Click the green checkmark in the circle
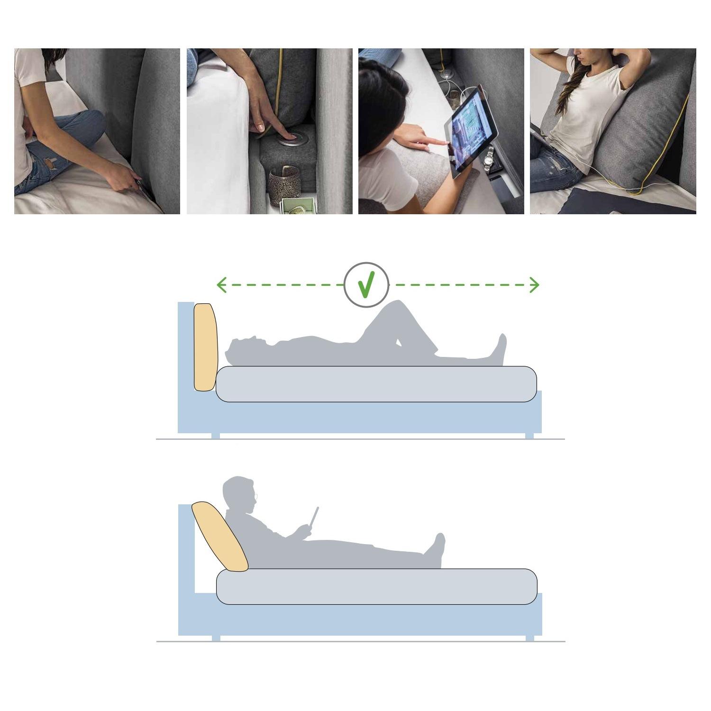366,284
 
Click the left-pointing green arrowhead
220,285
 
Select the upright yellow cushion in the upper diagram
206,347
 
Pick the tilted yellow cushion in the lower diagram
219,536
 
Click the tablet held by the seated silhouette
314,516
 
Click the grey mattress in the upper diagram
376,384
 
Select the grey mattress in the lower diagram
376,586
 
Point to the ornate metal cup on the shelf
283,185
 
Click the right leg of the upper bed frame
529,436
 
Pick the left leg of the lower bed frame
216,638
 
